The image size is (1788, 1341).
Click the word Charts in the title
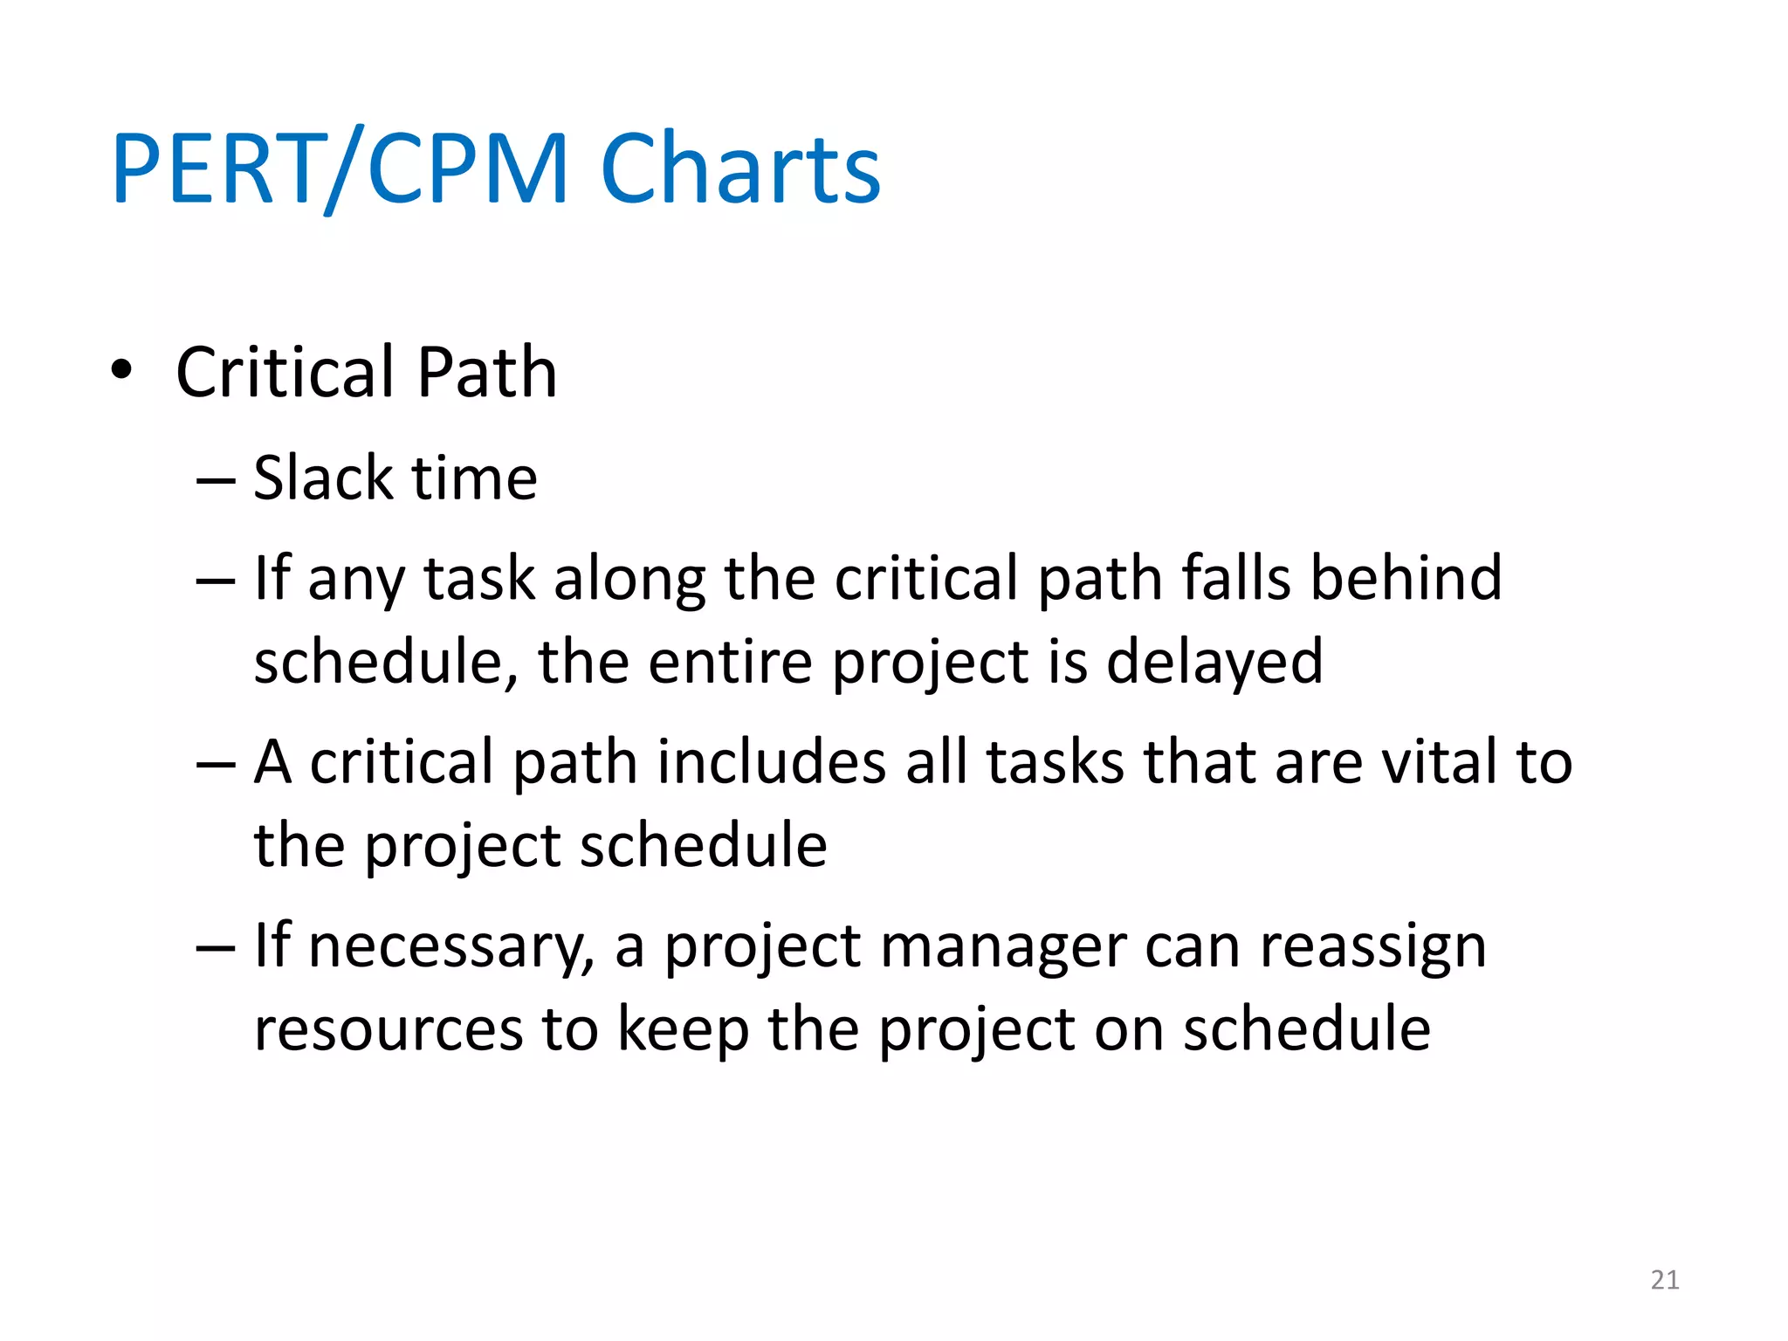pos(740,168)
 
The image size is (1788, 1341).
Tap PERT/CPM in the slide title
pos(340,168)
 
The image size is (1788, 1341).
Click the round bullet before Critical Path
pos(121,370)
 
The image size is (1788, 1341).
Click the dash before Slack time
pos(216,480)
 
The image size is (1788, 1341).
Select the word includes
pos(772,761)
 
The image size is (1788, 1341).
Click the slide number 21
pos(1664,1280)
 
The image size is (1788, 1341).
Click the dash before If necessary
pos(216,948)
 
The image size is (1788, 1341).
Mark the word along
pos(629,580)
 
